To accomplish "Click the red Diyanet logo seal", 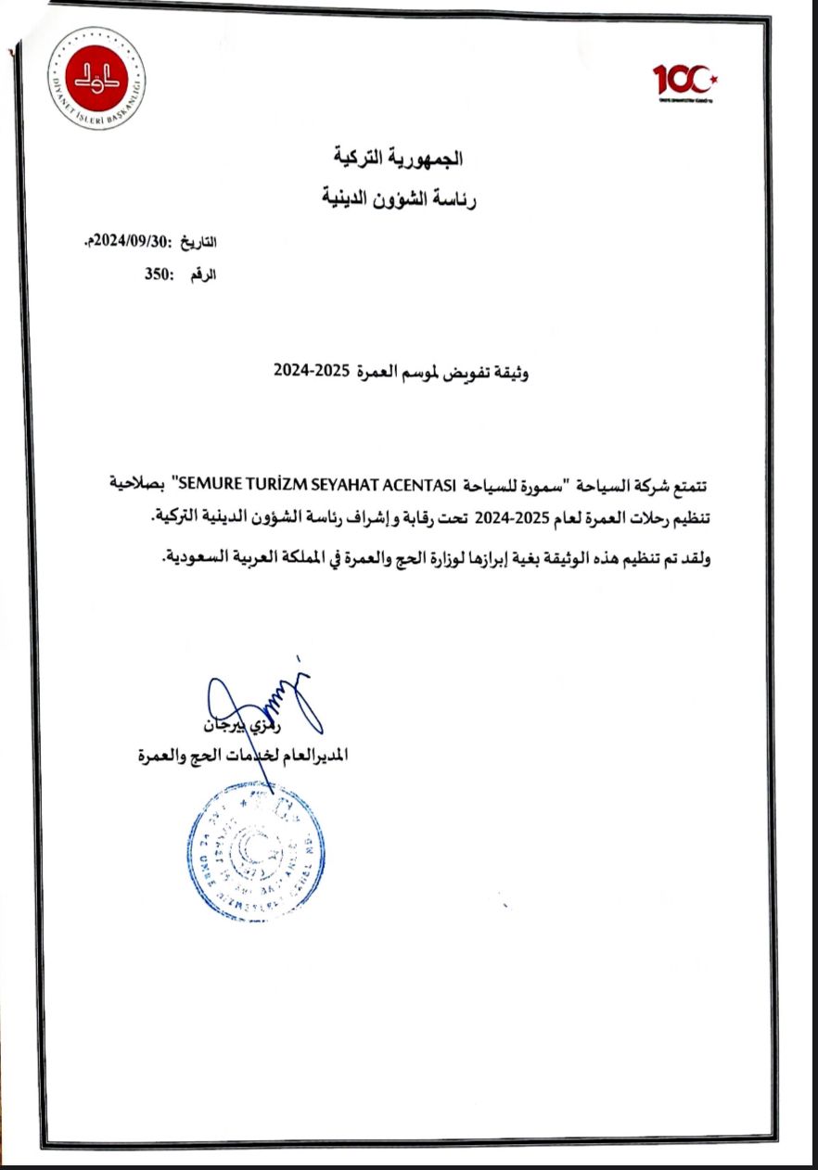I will coord(96,78).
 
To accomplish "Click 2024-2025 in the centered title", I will coord(311,371).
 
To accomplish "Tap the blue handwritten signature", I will coord(260,700).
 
